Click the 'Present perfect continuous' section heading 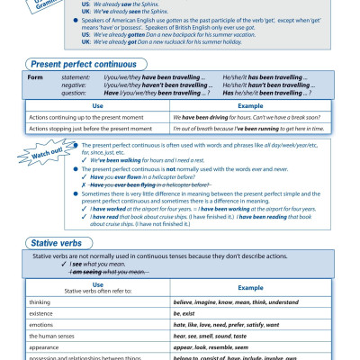(x=83, y=65)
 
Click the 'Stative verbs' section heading (x=58, y=243)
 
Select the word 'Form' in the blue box (x=36, y=77)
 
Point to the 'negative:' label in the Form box (x=75, y=85)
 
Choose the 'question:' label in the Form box (x=74, y=92)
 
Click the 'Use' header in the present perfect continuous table (x=98, y=105)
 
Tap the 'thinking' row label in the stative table (x=40, y=302)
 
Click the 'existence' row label (x=41, y=313)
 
